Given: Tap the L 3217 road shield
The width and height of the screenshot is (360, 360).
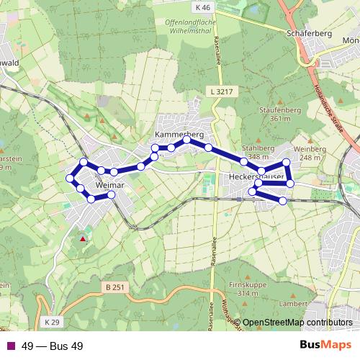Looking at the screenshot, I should point(223,92).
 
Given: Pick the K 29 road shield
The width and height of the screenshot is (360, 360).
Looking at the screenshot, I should point(50,320).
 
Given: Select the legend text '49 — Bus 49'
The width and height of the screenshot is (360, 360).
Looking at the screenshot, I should point(53,346).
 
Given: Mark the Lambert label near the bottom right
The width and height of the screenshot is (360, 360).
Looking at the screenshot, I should point(315,305).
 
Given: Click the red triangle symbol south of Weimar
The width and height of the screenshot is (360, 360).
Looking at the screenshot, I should point(84,238).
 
